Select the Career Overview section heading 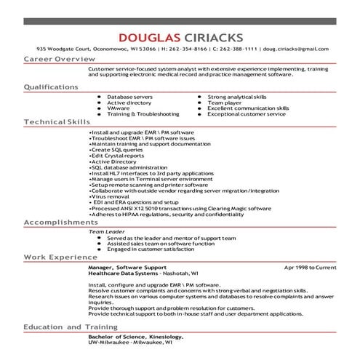(x=59, y=57)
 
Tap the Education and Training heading (x=70, y=327)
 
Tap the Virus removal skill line (x=109, y=196)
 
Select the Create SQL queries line (x=116, y=149)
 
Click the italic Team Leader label (x=103, y=231)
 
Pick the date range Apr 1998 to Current (x=310, y=267)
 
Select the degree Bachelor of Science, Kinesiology (x=135, y=337)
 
